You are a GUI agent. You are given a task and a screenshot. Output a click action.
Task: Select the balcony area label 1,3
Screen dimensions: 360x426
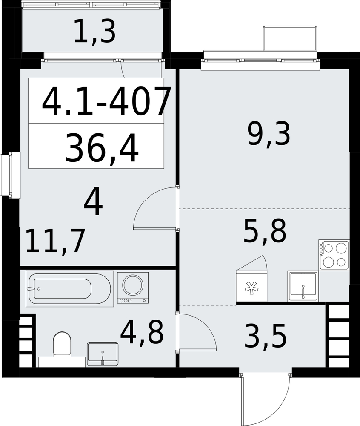click(94, 33)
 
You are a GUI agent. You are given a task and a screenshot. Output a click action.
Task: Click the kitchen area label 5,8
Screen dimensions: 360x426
click(265, 232)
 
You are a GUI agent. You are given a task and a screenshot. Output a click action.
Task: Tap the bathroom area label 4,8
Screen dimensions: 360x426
click(142, 332)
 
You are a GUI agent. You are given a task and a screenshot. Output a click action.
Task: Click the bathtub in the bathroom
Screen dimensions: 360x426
click(70, 289)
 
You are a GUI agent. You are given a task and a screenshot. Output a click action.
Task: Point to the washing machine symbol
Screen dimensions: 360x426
click(133, 288)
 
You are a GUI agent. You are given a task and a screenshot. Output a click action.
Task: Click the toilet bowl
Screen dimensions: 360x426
click(62, 345)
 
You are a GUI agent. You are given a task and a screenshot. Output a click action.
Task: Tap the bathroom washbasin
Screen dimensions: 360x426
click(103, 354)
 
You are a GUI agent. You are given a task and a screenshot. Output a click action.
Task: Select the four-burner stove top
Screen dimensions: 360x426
click(334, 255)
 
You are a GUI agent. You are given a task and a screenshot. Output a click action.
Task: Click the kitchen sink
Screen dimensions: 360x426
click(303, 286)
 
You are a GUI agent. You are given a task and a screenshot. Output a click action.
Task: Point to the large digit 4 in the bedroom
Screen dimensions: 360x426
click(93, 202)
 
